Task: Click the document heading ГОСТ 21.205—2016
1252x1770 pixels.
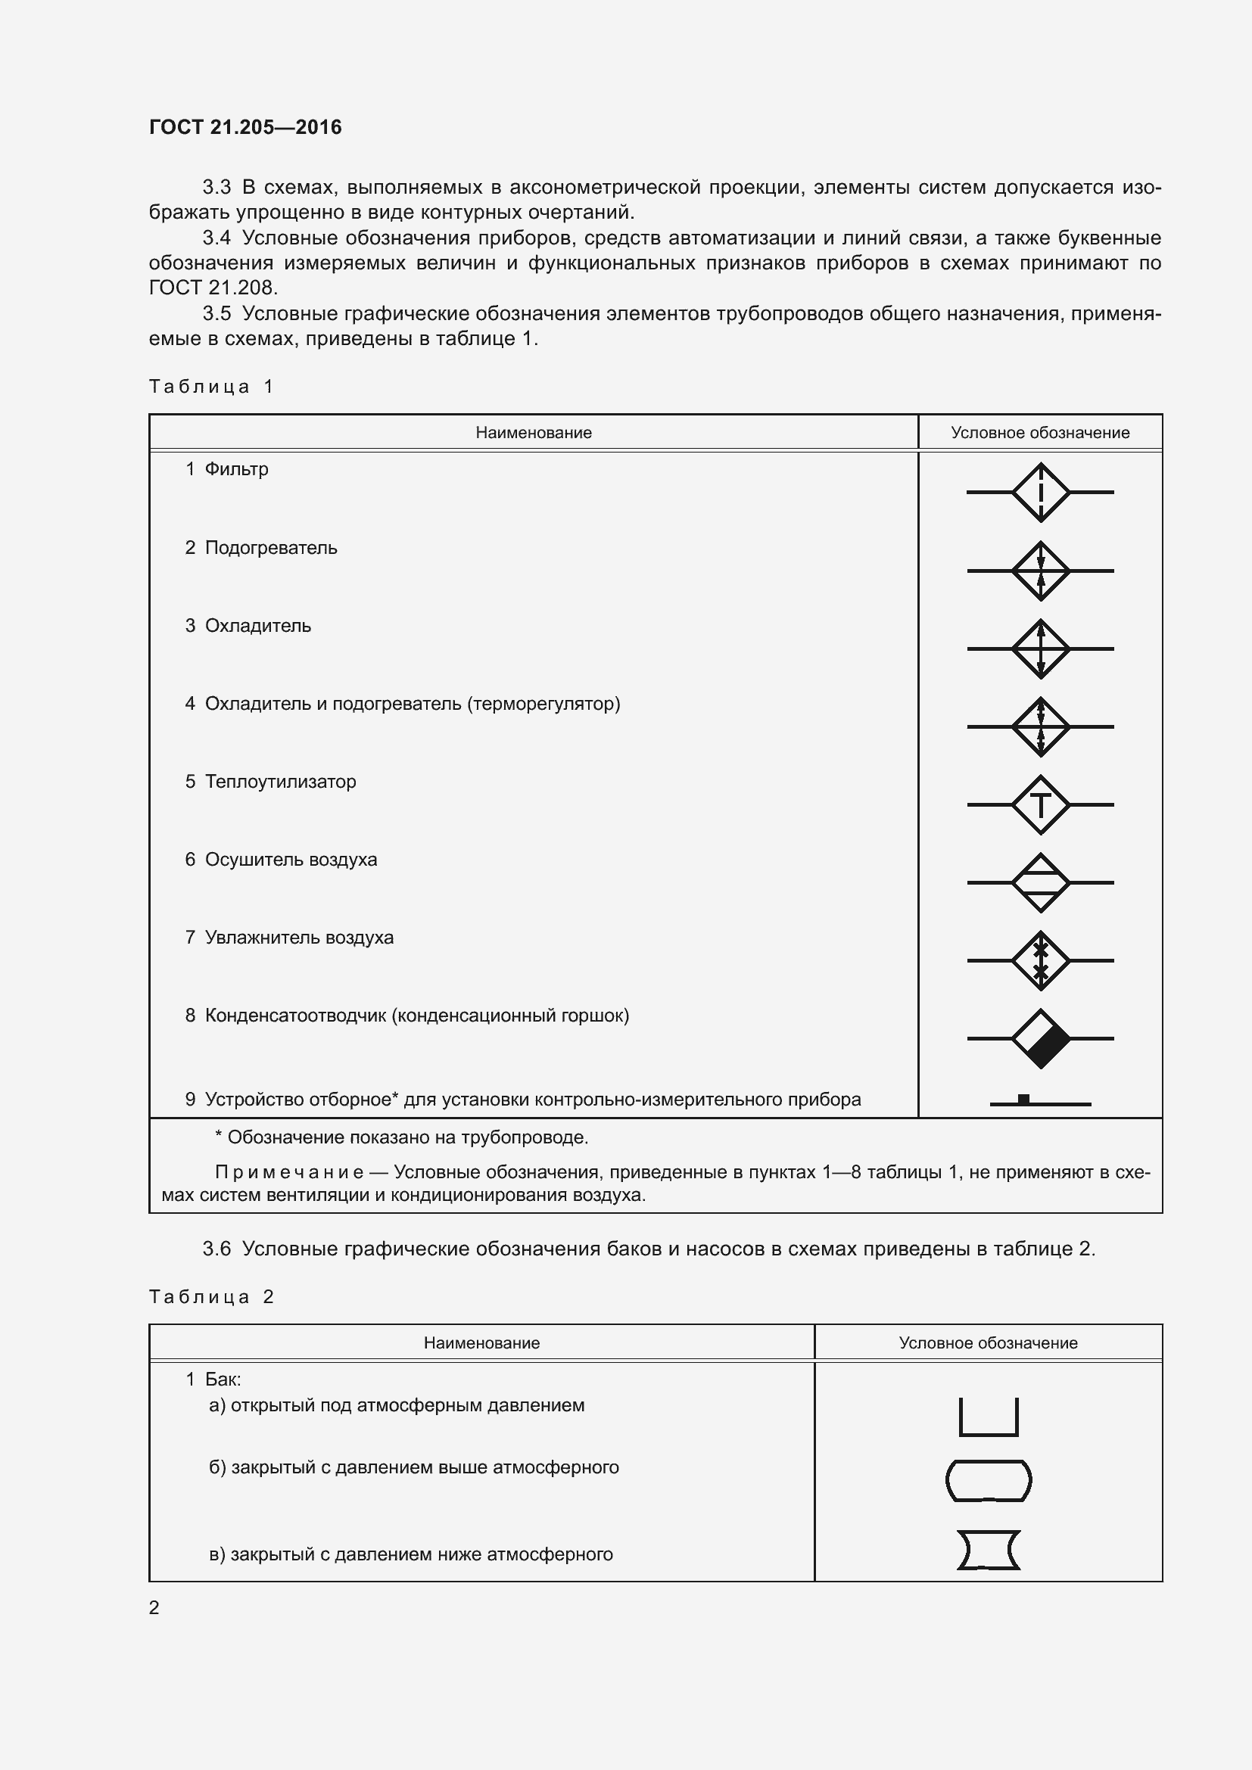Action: click(x=245, y=127)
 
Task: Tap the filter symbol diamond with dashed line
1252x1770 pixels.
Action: click(x=1040, y=492)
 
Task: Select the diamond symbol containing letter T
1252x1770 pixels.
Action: click(x=1040, y=805)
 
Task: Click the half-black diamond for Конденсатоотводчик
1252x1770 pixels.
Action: click(x=1040, y=1038)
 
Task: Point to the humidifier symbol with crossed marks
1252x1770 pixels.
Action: click(x=1040, y=960)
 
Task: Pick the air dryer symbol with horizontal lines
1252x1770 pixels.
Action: click(x=1040, y=882)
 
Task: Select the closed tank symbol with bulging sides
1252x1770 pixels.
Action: click(x=989, y=1480)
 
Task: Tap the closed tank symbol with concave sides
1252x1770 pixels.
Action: click(x=989, y=1551)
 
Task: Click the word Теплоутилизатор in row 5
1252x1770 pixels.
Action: click(x=281, y=782)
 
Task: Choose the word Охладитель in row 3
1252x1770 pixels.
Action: click(x=257, y=626)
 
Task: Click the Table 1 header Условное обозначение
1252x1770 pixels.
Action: click(x=1040, y=433)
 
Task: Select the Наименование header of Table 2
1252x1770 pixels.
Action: click(x=481, y=1343)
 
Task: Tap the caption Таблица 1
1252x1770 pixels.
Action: click(x=211, y=386)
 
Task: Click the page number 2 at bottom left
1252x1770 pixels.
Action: click(x=154, y=1607)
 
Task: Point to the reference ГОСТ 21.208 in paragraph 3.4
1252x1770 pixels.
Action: click(x=211, y=288)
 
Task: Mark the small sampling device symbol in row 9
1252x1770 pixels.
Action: click(x=1024, y=1100)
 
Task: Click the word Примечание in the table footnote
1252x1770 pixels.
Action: click(x=289, y=1172)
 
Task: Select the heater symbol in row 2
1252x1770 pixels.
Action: click(x=1040, y=571)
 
